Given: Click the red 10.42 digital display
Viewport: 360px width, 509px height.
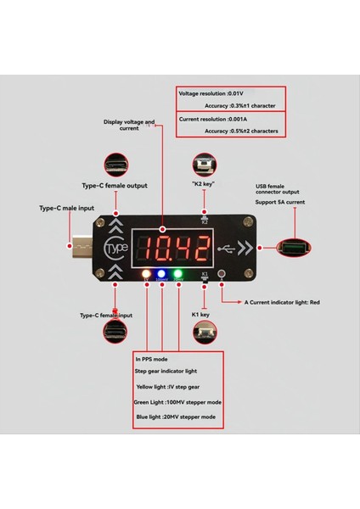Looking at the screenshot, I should [177, 248].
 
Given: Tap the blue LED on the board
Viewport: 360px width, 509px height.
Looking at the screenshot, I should [178, 276].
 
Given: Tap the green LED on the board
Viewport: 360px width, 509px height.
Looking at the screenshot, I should [162, 276].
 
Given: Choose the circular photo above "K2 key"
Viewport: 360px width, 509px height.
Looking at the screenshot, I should [204, 165].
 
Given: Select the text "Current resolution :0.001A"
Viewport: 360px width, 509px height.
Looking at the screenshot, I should [211, 120].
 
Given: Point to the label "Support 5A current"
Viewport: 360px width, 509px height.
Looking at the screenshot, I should [279, 202].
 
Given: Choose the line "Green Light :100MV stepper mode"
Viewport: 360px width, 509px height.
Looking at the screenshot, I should [179, 401].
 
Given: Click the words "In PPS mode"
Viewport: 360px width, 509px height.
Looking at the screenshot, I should [152, 360].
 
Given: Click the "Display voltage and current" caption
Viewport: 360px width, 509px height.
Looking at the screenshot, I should [129, 125].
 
